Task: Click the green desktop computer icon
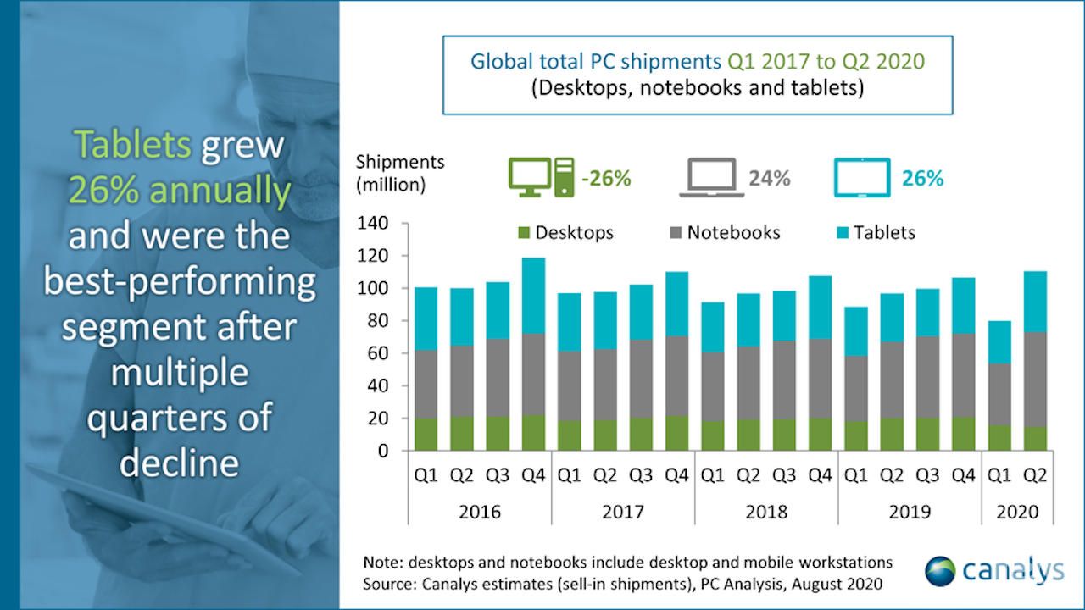[x=541, y=178]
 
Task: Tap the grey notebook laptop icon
[x=711, y=179]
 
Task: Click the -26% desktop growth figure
[x=605, y=179]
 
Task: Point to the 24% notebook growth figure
[x=769, y=179]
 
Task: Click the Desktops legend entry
[x=565, y=232]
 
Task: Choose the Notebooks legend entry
[x=724, y=232]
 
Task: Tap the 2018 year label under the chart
[x=766, y=512]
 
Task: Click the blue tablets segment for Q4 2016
[x=533, y=296]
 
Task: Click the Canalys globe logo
[x=940, y=570]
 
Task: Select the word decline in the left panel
[x=179, y=462]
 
